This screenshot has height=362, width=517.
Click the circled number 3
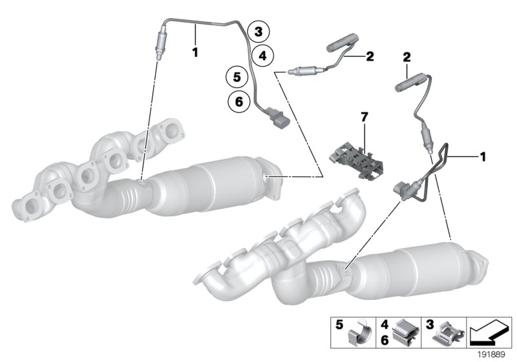pos(258,31)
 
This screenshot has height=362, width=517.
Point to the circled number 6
pos(238,101)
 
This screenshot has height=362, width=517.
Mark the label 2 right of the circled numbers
pos(370,56)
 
